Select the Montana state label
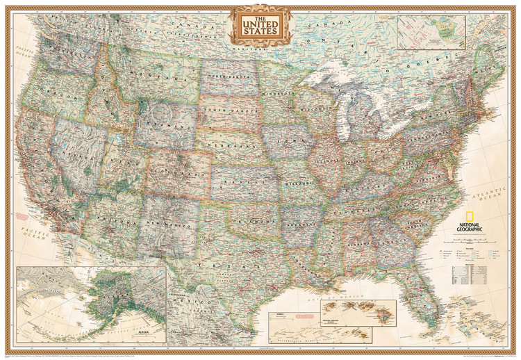(161, 78)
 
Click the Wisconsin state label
(313, 109)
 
